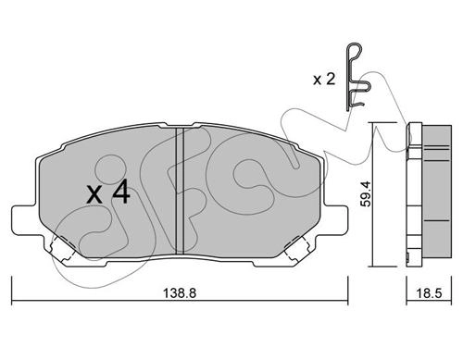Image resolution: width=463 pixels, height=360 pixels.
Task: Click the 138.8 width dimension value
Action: [180, 292]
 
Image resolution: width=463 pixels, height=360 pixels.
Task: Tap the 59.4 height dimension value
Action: [367, 193]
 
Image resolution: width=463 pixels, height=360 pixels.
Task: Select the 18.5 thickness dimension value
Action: [429, 292]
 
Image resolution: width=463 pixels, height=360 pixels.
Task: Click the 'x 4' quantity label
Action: [108, 192]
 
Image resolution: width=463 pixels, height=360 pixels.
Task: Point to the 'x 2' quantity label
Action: [324, 80]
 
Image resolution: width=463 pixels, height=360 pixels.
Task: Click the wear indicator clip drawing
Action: [357, 77]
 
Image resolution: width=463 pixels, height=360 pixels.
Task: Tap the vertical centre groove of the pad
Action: [180, 191]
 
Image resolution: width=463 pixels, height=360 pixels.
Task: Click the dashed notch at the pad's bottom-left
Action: [63, 248]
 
